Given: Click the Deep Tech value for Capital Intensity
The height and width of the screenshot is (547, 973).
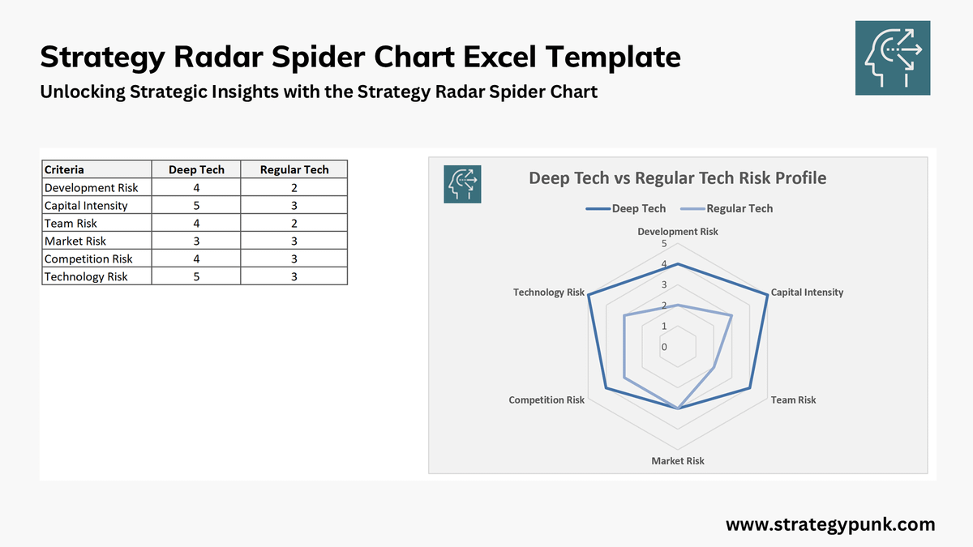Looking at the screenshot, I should coord(195,205).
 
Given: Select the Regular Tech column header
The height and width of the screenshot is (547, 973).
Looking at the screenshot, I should coord(294,169).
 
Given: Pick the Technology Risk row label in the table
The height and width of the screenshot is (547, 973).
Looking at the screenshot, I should coord(86,276).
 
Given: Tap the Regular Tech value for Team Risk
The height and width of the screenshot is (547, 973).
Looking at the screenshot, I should coord(294,223).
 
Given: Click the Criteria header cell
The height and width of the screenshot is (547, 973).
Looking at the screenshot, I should coord(64,169).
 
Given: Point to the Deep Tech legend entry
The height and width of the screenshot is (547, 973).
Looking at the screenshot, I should coord(626,208).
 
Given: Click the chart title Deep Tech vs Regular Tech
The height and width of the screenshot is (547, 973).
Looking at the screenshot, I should coord(677,177).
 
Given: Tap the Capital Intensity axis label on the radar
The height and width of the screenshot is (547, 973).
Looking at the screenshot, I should coord(807,292).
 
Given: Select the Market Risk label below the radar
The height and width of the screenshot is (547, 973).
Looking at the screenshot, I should coord(678,460).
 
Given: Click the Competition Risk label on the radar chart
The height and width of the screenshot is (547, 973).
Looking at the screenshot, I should coord(547,400).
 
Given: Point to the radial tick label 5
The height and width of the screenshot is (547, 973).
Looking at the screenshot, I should coord(664,243).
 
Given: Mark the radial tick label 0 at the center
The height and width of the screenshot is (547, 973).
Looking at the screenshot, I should coord(664,347).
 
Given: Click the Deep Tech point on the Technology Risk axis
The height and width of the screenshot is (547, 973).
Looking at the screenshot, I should coord(589,294).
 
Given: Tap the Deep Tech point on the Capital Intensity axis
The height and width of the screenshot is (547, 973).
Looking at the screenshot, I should coord(767,294).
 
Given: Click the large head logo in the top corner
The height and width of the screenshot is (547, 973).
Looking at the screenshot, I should coord(893,58).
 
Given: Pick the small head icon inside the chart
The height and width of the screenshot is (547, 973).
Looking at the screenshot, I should coord(462,184).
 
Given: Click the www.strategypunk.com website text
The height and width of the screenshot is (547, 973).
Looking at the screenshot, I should coord(830,524).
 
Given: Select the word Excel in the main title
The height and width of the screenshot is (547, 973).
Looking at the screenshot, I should coord(495,58).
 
